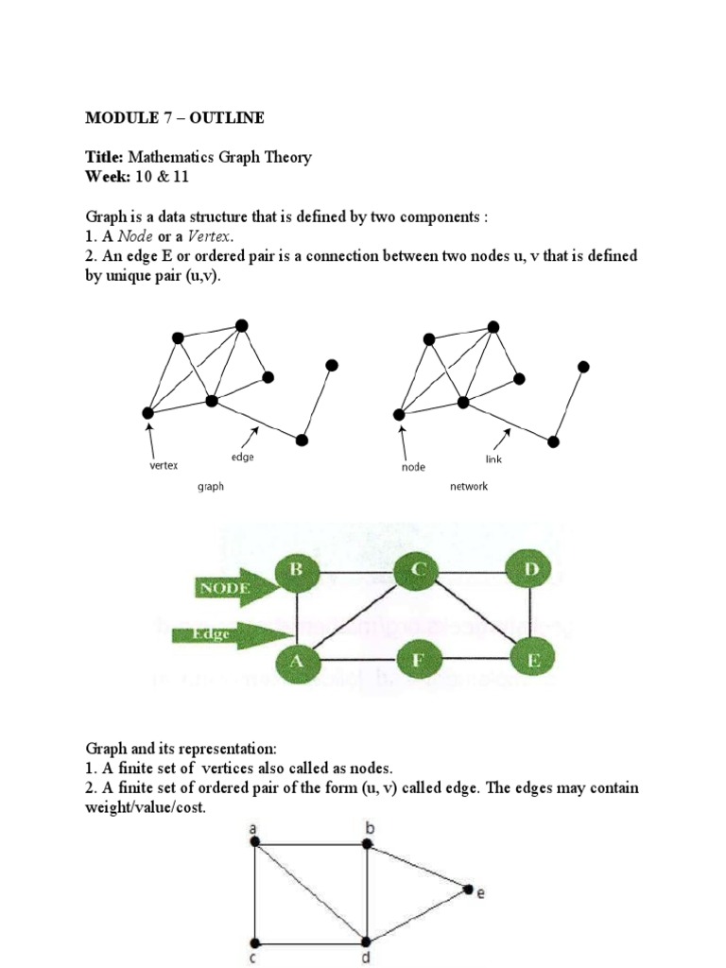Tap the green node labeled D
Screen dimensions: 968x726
[x=529, y=571]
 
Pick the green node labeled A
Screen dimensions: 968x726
[x=297, y=659]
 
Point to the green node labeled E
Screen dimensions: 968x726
[x=533, y=658]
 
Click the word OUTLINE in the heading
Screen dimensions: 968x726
[x=227, y=118]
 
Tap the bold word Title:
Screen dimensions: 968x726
[x=104, y=158]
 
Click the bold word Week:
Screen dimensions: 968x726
[x=106, y=177]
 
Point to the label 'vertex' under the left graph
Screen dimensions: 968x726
[x=164, y=465]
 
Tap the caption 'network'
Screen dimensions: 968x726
[x=469, y=487]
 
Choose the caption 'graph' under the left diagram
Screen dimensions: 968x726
[x=210, y=487]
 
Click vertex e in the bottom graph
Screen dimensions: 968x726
[x=469, y=889]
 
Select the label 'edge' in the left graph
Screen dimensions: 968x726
[x=243, y=458]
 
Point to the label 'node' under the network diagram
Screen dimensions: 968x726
[x=414, y=467]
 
